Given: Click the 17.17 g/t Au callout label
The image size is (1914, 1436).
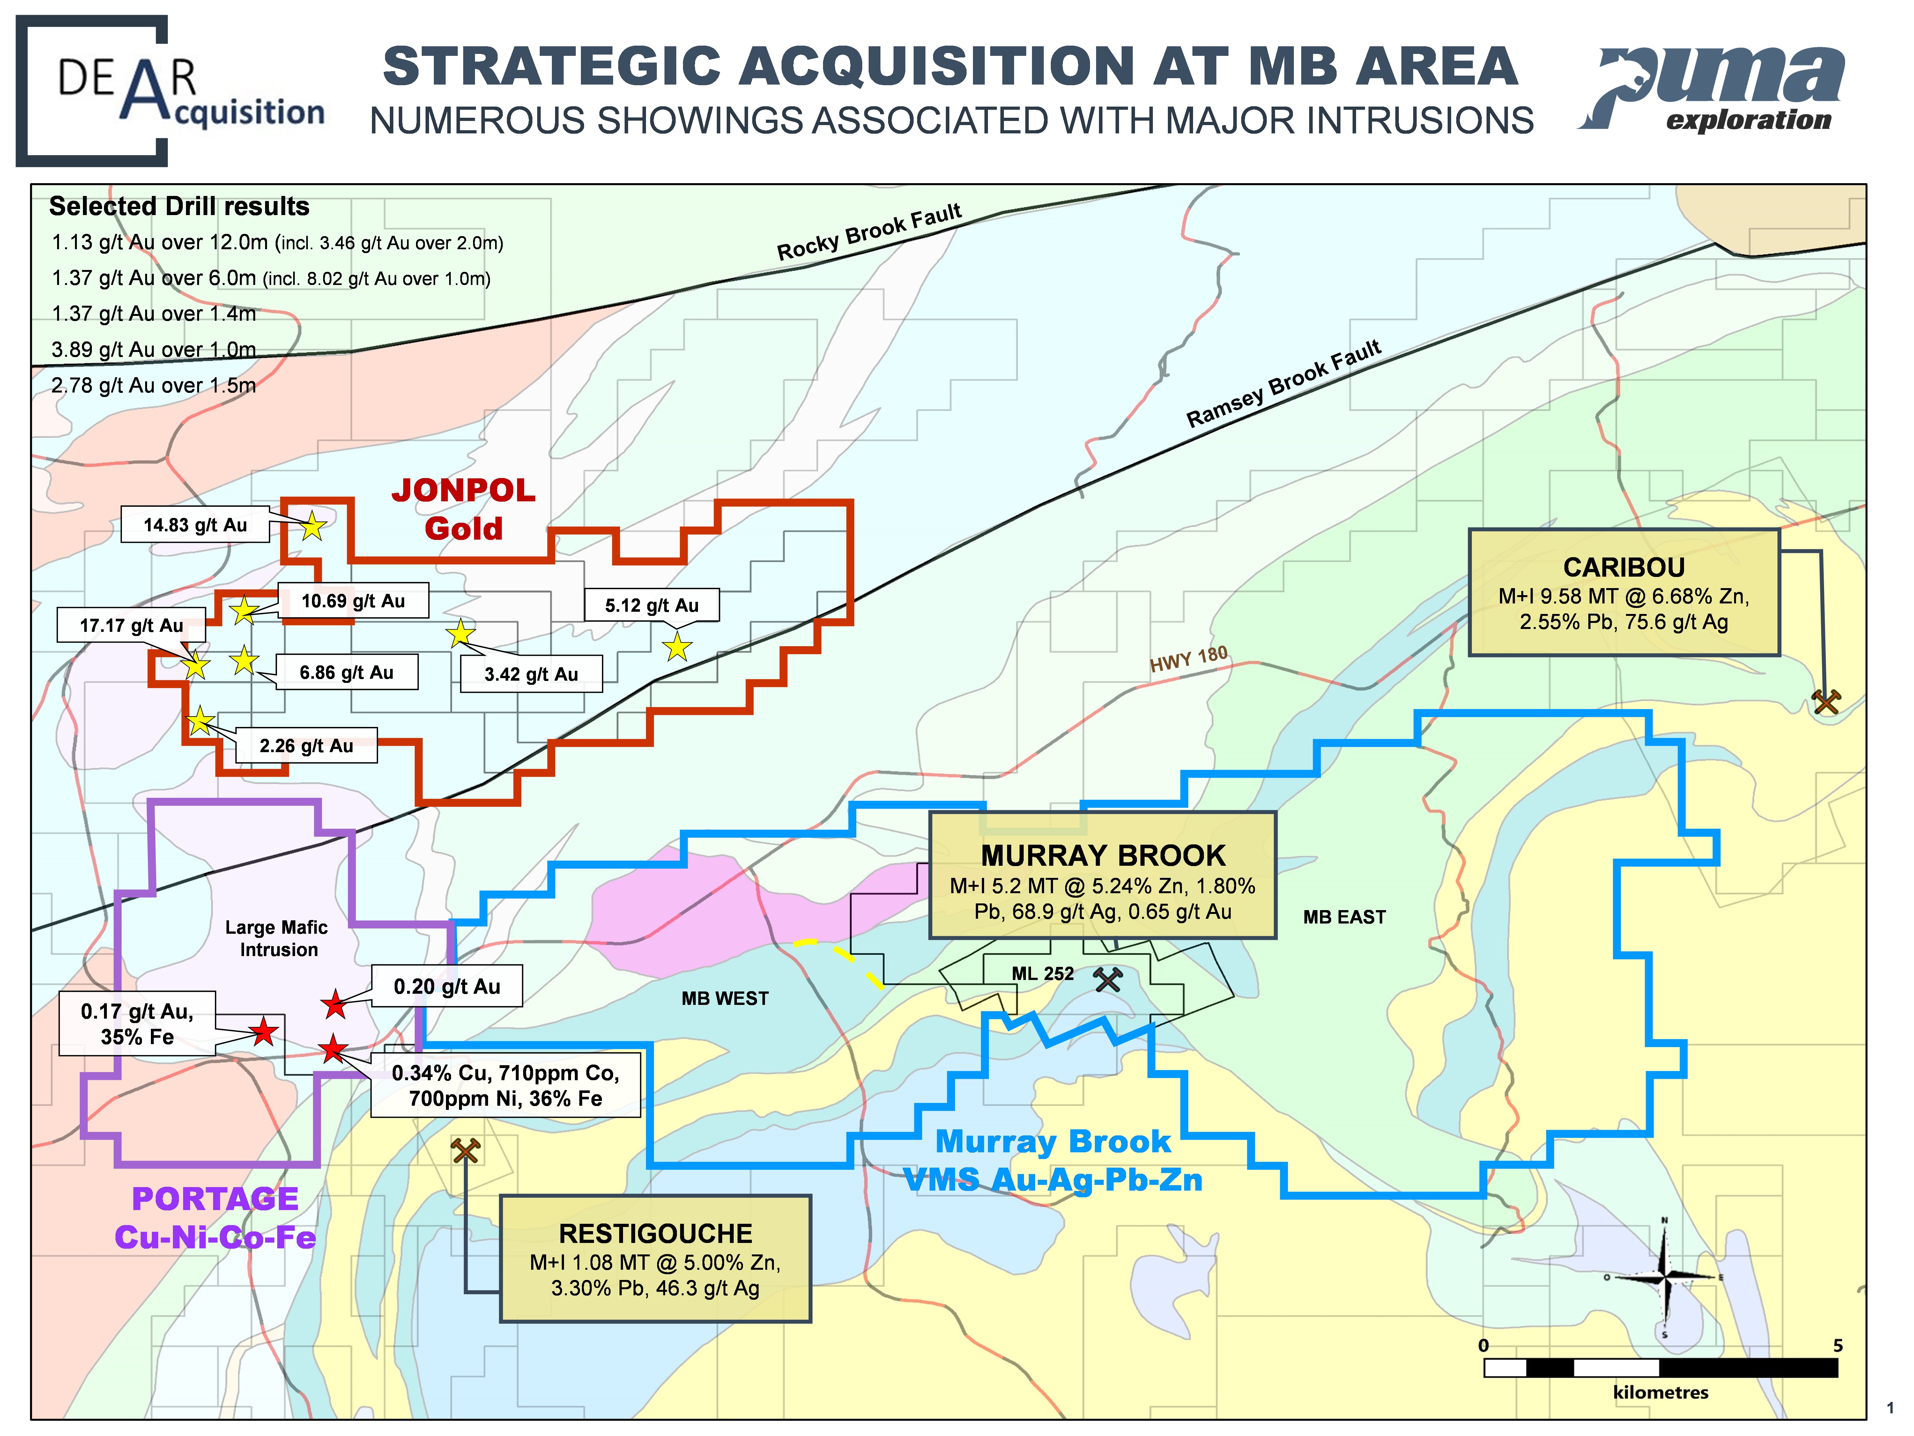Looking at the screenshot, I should (131, 625).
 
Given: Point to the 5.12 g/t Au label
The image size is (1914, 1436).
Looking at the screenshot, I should (651, 605).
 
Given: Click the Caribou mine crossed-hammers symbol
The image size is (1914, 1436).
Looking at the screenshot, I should (1826, 701).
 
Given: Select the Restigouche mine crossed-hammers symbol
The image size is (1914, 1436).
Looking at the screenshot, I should (465, 1150).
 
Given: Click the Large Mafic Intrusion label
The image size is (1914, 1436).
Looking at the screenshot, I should (277, 938).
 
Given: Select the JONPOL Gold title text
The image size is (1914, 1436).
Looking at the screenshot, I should (464, 509).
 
